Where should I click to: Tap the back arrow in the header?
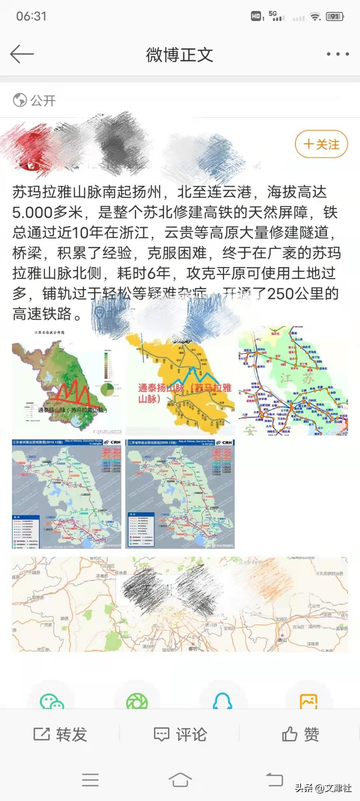tap(22, 54)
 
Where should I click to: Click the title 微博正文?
tap(180, 55)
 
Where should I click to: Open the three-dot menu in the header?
tap(337, 54)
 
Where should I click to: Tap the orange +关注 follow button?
tap(321, 144)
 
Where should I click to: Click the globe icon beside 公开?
tap(20, 100)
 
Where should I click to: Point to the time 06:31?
tap(31, 16)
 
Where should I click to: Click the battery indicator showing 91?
tap(335, 17)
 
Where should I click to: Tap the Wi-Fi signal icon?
tap(315, 17)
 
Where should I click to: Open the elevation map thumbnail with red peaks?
tap(67, 381)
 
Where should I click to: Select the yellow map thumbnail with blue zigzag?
tap(180, 381)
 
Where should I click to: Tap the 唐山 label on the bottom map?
tap(282, 640)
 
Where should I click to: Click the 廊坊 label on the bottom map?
tap(193, 648)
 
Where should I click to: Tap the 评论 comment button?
tap(180, 734)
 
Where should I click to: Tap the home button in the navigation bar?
tap(180, 780)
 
